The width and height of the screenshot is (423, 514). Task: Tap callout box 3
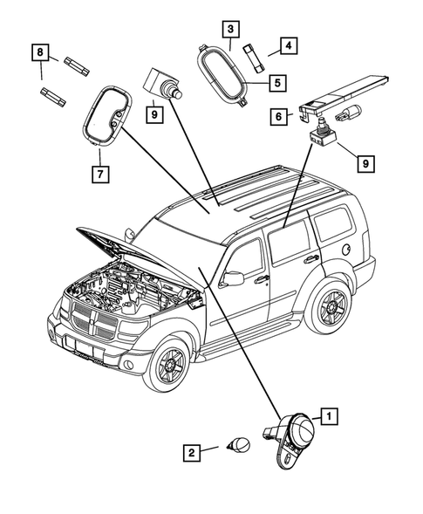[x=229, y=30]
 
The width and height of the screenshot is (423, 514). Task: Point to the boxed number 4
[x=285, y=46]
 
